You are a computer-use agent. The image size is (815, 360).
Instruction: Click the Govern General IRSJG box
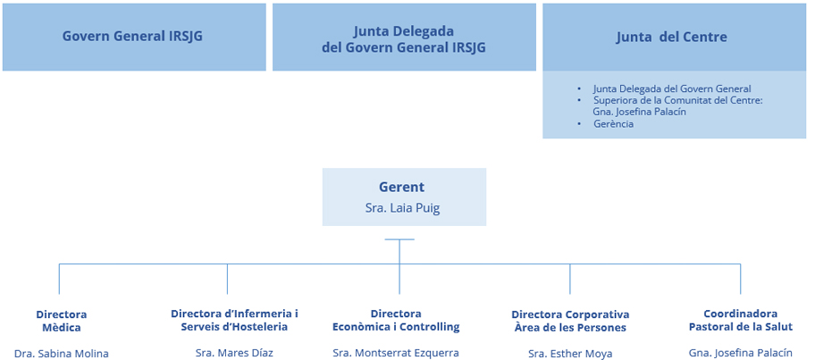click(134, 37)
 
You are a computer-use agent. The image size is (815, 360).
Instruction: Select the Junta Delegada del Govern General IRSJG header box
click(404, 38)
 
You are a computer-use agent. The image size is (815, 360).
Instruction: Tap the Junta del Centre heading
click(671, 38)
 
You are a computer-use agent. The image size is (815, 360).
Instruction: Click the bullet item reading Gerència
click(613, 124)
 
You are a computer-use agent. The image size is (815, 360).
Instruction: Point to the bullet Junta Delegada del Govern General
click(671, 89)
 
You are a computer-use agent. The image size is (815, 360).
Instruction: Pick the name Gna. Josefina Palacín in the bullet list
click(640, 113)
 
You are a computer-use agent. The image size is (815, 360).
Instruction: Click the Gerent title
click(401, 188)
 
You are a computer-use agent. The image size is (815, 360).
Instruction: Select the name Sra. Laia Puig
click(403, 208)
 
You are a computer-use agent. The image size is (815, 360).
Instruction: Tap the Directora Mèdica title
click(61, 321)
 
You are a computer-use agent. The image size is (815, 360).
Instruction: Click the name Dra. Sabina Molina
click(61, 353)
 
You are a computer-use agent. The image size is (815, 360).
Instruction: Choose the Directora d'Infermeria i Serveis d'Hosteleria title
click(234, 320)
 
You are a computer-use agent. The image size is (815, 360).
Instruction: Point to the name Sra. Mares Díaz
click(234, 353)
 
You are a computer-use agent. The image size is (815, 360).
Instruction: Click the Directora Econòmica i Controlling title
click(396, 320)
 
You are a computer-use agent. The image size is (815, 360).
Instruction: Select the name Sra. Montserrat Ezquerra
click(396, 353)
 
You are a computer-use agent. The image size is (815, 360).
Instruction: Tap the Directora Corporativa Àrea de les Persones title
click(570, 321)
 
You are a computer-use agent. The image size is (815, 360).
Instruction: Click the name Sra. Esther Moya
click(570, 354)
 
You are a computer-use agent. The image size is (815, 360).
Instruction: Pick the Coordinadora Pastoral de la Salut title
click(741, 320)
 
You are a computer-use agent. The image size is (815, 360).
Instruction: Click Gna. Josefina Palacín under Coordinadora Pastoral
click(741, 353)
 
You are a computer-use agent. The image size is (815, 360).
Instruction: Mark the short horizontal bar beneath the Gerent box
click(399, 239)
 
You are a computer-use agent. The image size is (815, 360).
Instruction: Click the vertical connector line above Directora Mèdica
click(60, 279)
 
